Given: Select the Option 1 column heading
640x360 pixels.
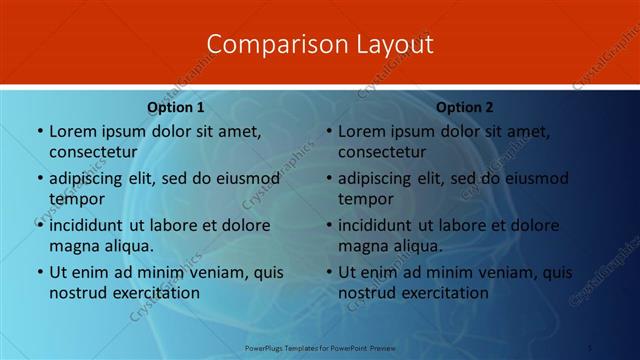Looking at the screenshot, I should pos(176,107).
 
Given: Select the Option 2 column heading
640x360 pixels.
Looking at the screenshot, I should pos(465,107).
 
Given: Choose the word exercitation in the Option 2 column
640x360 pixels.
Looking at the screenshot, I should pos(440,293).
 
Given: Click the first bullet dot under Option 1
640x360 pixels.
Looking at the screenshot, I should pos(39,132).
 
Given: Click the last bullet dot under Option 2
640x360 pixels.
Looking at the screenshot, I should pos(328,272).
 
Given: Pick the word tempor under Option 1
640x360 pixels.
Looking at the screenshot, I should pos(75,199).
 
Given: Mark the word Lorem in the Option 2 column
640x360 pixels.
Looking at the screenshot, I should pos(361,131).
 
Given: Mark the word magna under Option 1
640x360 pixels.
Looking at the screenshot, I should pos(73,245).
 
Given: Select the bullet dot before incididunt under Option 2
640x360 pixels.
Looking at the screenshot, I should pos(328,226).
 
